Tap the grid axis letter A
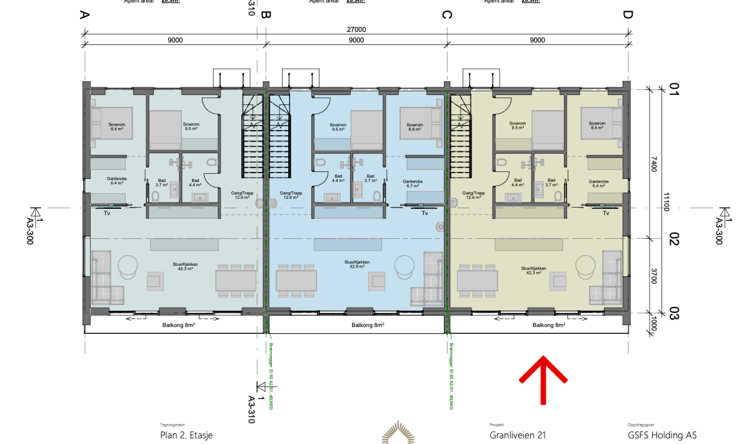(x=84, y=15)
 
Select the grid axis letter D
(x=627, y=15)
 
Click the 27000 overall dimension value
(x=356, y=29)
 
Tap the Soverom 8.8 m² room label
(x=414, y=126)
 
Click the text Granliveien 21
(x=518, y=435)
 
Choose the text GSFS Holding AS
(x=662, y=435)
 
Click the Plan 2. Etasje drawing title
(x=186, y=435)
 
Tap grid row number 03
(x=673, y=313)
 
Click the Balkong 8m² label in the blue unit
(x=368, y=325)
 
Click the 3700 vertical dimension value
(x=653, y=276)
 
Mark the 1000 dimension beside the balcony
(x=653, y=323)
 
